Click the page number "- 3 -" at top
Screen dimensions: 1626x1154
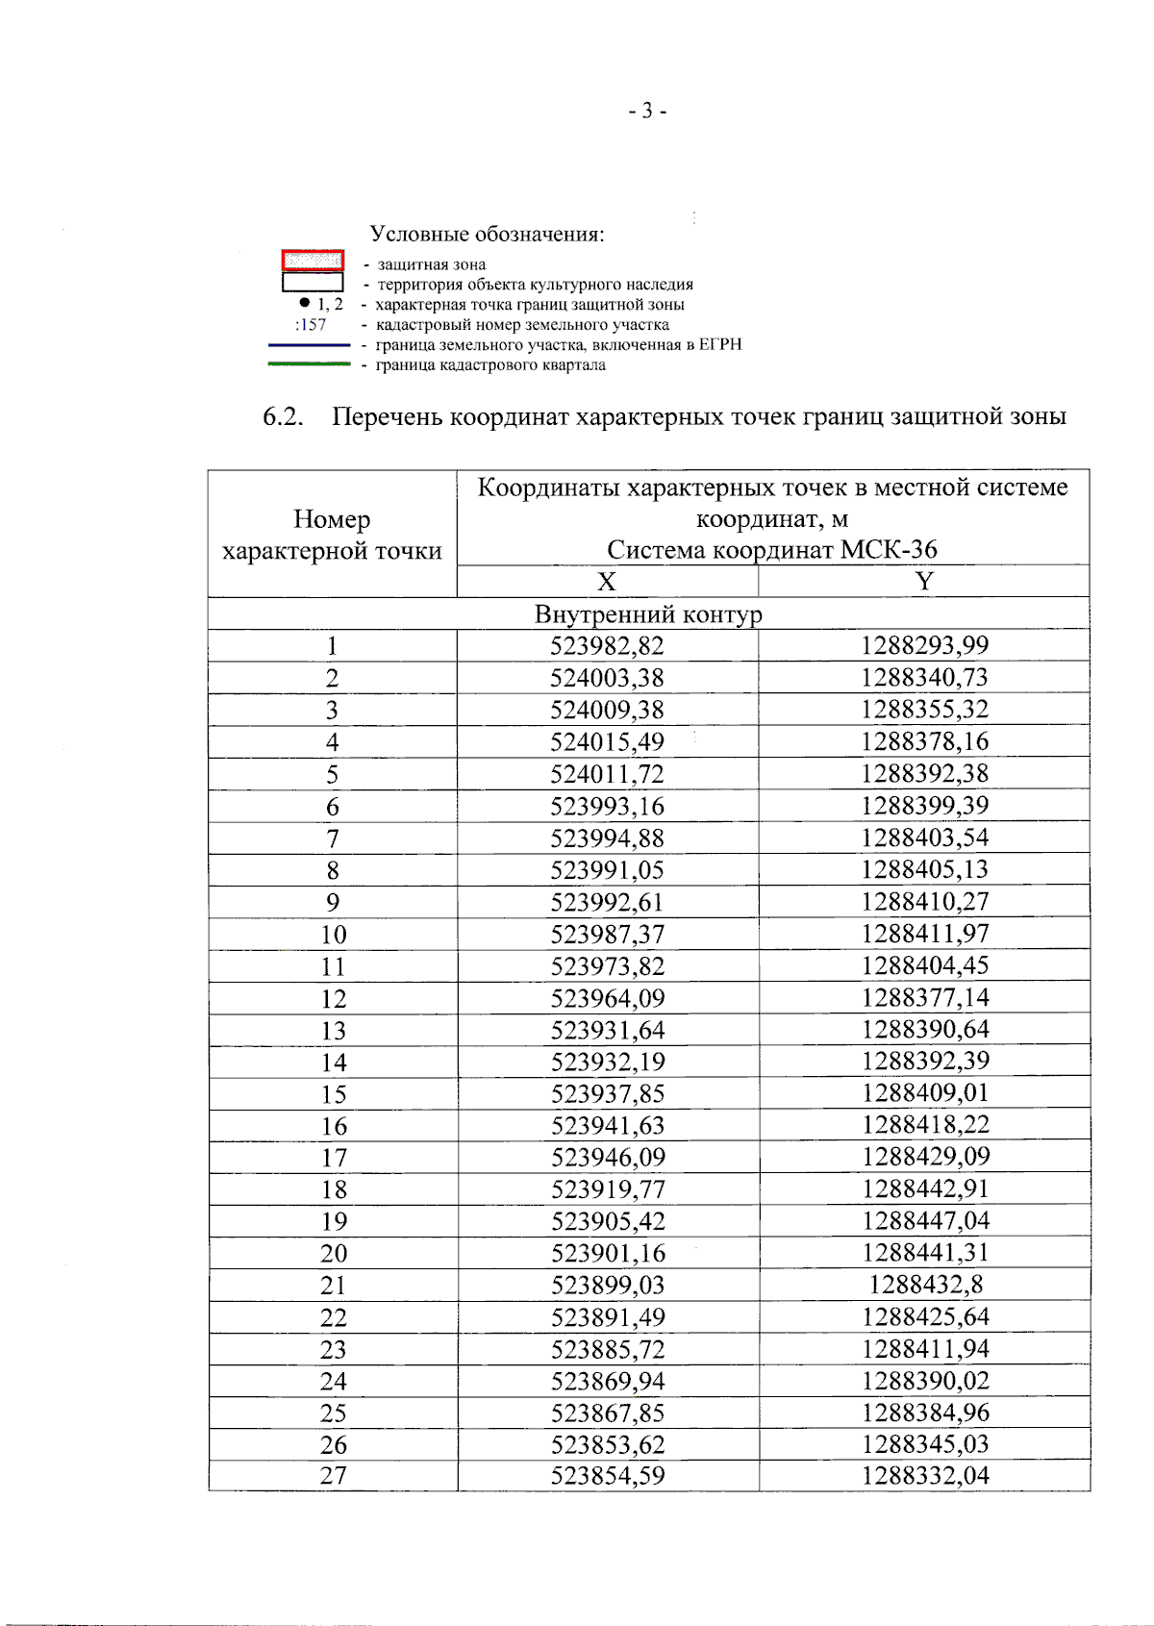(x=647, y=112)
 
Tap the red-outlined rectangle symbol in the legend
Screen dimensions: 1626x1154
(x=313, y=261)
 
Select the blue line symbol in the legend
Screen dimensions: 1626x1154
(x=309, y=344)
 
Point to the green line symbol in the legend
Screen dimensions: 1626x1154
(x=309, y=364)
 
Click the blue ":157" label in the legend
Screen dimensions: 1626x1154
(x=311, y=325)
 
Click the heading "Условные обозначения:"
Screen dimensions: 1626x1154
(x=487, y=234)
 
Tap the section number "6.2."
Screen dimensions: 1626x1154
(x=283, y=417)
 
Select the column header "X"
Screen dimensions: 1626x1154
(x=606, y=582)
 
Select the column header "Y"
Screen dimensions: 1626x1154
(x=923, y=582)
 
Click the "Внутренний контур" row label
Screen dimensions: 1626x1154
(x=648, y=614)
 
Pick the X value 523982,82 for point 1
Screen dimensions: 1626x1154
(x=607, y=646)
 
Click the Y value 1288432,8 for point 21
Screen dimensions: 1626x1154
(x=925, y=1285)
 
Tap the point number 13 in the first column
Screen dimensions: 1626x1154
(x=333, y=1031)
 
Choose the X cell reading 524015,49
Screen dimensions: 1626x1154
(x=607, y=742)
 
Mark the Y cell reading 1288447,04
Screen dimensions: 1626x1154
(x=925, y=1221)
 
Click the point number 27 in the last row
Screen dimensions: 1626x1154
(x=333, y=1476)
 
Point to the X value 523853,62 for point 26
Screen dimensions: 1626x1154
(x=608, y=1445)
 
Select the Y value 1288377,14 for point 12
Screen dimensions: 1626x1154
(x=925, y=998)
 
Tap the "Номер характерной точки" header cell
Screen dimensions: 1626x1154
(x=332, y=535)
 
